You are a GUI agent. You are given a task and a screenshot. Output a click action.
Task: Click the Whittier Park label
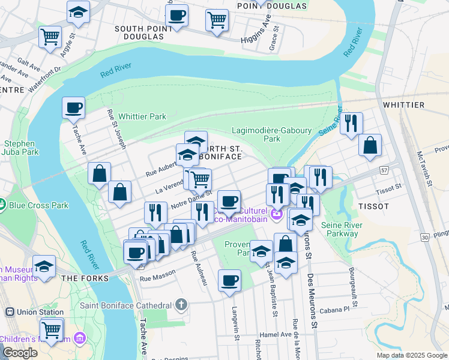(x=142, y=116)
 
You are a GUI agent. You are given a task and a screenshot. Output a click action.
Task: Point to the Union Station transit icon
(x=10, y=312)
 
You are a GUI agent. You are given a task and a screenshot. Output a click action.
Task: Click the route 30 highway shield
(x=425, y=238)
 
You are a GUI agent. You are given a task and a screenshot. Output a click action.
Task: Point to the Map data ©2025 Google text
(x=411, y=355)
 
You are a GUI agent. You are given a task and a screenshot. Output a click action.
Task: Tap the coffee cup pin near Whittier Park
(x=74, y=108)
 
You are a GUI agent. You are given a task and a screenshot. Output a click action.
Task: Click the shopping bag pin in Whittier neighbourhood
(x=370, y=145)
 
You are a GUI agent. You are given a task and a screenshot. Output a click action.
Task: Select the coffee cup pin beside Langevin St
(x=229, y=280)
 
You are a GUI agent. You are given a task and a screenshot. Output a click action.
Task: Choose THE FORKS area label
(x=85, y=278)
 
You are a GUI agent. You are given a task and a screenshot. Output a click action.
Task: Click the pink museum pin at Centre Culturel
(x=276, y=213)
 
